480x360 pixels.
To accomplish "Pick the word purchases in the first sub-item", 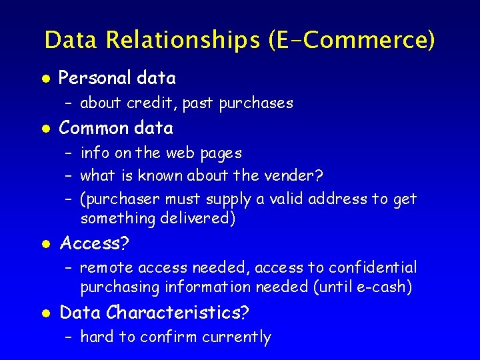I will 256,103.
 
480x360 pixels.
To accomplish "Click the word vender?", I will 295,176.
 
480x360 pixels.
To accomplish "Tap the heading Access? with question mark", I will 94,243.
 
